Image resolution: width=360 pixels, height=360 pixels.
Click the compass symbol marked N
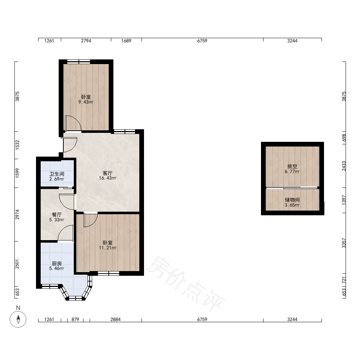coord(18,319)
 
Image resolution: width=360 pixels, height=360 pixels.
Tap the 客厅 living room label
coord(107,173)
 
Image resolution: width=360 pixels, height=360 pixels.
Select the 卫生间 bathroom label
coord(57,174)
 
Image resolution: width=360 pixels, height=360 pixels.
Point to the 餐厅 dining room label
coord(57,215)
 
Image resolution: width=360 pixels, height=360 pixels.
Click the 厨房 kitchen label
coord(57,264)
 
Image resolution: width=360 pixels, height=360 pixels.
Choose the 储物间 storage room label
coord(292,200)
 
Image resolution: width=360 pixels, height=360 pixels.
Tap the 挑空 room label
coord(292,166)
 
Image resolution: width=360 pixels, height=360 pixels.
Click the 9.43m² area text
coord(86,102)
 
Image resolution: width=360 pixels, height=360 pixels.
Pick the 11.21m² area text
coord(107,248)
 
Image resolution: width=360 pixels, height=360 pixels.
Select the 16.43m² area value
coord(107,178)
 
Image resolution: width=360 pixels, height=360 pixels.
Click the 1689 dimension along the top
coord(126,41)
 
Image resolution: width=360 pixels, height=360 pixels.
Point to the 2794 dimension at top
coord(86,41)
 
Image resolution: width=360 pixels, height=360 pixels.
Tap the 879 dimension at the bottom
coord(75,319)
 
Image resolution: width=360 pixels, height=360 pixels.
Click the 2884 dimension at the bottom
coord(116,319)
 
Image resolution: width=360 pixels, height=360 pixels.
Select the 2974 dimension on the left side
coord(17,215)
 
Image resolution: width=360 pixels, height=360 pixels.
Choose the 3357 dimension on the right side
coord(344,243)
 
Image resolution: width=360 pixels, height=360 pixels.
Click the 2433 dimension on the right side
coord(344,166)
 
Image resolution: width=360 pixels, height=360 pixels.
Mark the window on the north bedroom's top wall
coord(78,62)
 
